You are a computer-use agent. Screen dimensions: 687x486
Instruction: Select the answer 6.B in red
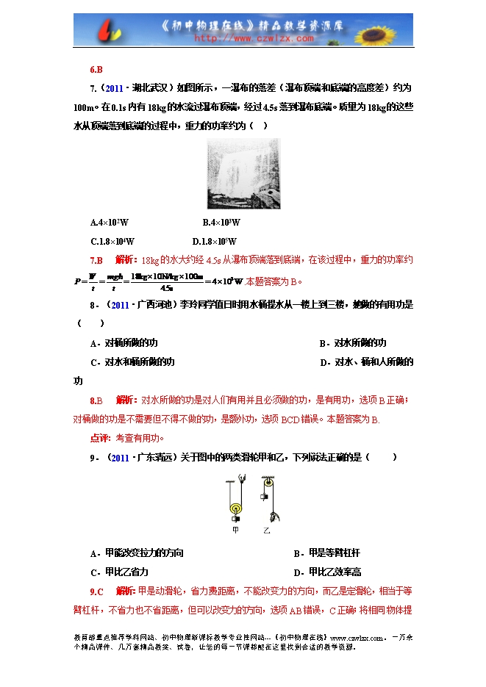pyautogui.click(x=96, y=71)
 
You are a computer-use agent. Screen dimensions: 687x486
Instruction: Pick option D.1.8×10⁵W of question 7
pyautogui.click(x=215, y=241)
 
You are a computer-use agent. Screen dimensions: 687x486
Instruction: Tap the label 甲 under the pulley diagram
pyautogui.click(x=235, y=529)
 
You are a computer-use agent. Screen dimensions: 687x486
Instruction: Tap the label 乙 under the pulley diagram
pyautogui.click(x=267, y=529)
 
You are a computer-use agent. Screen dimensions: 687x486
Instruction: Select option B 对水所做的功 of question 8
pyautogui.click(x=352, y=343)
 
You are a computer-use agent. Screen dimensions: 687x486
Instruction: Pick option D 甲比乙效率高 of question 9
pyautogui.click(x=327, y=572)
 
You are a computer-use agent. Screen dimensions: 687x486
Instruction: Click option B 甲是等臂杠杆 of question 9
pyautogui.click(x=327, y=553)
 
